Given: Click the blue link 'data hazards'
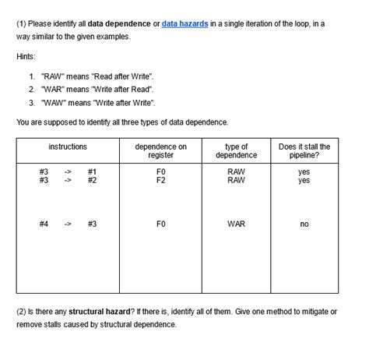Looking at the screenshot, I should [x=184, y=24].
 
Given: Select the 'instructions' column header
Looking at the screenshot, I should [x=68, y=146].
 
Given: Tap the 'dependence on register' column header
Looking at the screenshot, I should [x=161, y=151].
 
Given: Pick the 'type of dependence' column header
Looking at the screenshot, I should [x=236, y=151].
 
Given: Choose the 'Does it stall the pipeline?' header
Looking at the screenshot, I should [x=304, y=151].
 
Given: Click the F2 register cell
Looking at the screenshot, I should [x=161, y=180].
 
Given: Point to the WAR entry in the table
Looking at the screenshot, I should [x=236, y=224].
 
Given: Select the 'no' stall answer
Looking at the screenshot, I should [x=304, y=224].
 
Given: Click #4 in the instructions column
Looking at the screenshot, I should [x=44, y=224].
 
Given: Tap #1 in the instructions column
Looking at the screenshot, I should [x=92, y=171].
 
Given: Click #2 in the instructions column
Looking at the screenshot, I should [x=92, y=180].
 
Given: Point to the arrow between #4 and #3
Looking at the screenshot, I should [x=68, y=224].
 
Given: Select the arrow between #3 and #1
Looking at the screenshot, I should [x=68, y=171].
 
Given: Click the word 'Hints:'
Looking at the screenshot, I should [x=26, y=57].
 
